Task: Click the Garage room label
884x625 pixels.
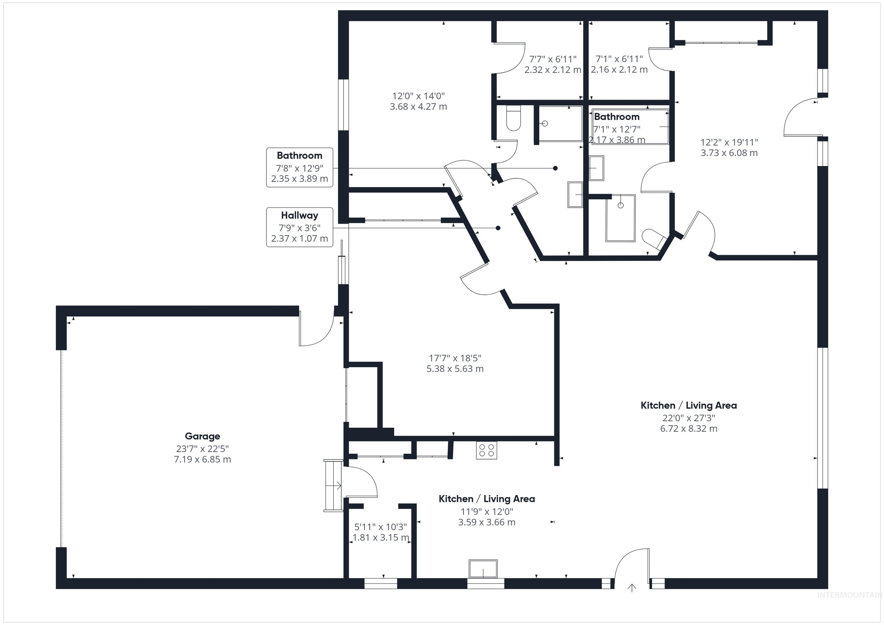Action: pos(203,436)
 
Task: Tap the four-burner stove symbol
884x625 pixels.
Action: pos(486,450)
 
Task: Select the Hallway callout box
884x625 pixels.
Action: pos(300,227)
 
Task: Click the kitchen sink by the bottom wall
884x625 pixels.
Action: pos(483,569)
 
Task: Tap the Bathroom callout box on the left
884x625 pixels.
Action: pos(300,167)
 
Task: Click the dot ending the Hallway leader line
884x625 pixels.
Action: pos(498,228)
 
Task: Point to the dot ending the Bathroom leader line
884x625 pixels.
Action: pos(555,168)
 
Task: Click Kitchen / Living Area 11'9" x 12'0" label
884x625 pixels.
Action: pos(487,510)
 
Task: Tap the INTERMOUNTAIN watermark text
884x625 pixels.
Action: pos(849,595)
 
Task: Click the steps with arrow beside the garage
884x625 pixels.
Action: pos(334,486)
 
